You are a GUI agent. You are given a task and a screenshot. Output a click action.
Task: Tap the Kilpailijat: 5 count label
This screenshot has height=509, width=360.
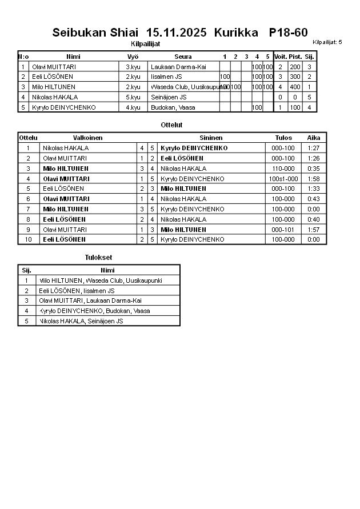point(327,42)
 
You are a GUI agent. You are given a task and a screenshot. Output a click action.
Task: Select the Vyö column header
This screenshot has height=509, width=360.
point(133,57)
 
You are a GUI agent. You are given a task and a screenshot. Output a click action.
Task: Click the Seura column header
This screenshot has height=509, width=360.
point(183,57)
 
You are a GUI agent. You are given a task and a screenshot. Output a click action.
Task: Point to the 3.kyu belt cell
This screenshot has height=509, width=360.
point(133,67)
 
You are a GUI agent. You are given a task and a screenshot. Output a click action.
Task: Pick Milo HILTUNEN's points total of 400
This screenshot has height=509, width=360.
point(295,87)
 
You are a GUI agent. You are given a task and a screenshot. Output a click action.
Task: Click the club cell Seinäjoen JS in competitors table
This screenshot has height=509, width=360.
point(169,97)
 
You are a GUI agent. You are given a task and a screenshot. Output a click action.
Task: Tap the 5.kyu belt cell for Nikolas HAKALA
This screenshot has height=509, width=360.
point(133,97)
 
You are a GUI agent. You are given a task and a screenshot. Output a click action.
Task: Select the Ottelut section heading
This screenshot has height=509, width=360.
point(172,125)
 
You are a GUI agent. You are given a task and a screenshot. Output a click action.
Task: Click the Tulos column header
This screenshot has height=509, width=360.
point(283,138)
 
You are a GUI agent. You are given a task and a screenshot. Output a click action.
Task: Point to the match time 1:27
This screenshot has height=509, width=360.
point(314,148)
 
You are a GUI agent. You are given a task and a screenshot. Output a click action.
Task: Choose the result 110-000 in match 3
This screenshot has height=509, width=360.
point(283,169)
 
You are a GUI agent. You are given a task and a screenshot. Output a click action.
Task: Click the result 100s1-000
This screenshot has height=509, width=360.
point(283,179)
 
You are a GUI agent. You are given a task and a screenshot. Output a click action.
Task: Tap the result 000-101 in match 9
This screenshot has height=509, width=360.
point(283,229)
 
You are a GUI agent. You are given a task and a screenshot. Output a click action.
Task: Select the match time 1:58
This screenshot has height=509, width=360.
point(314,179)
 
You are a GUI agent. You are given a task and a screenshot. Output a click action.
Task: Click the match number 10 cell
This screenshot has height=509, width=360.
point(28,239)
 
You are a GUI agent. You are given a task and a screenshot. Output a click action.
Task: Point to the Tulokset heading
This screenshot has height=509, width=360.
point(98,258)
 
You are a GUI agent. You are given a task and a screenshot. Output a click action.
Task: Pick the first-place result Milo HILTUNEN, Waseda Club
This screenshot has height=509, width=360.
point(100,280)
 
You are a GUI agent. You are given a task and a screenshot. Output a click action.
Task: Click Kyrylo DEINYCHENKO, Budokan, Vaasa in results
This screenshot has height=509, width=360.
point(94,311)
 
